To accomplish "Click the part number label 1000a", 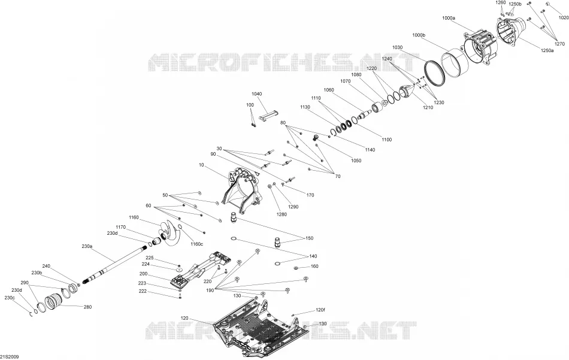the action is (449, 18).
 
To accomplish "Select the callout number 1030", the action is (397, 47).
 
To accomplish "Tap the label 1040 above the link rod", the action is (256, 94).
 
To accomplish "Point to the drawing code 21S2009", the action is (10, 357).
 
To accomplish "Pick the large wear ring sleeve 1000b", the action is (455, 63).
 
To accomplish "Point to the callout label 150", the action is (310, 238).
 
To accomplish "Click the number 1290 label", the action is (293, 207).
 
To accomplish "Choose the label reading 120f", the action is (320, 310).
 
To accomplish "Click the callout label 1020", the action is (564, 18).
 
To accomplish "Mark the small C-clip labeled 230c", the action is (31, 313).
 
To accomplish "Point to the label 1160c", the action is (196, 244).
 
